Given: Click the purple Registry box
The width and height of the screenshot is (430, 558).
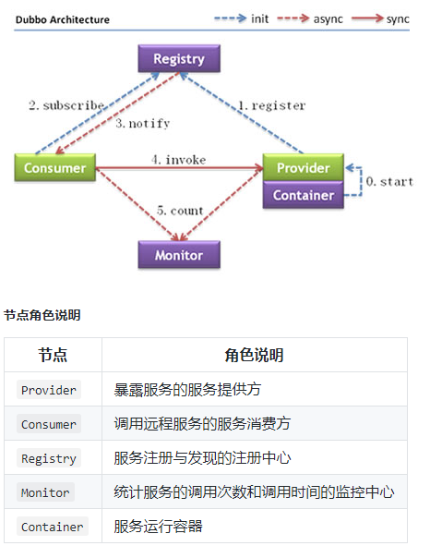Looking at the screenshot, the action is [x=179, y=58].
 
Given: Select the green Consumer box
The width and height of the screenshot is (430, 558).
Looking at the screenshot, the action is [x=55, y=167].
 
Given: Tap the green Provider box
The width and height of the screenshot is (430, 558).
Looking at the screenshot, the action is [x=304, y=167].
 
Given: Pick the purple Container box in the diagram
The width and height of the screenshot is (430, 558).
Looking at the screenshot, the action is [x=304, y=195].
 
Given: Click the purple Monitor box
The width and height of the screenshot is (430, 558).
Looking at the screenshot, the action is [x=179, y=254].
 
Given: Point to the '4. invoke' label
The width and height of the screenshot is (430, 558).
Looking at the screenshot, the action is [x=178, y=160].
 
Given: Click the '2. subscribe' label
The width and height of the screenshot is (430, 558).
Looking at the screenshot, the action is [x=66, y=105].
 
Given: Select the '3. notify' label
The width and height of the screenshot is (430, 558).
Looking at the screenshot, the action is [x=142, y=124].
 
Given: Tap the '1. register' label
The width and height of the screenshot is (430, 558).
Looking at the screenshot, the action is [x=272, y=105].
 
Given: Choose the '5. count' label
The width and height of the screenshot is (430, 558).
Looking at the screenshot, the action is [x=180, y=211].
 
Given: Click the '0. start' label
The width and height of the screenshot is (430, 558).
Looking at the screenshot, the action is [x=389, y=181].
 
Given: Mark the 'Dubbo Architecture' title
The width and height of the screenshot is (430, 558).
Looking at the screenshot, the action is [x=63, y=19].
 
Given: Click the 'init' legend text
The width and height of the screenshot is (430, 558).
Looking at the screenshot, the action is [x=260, y=18].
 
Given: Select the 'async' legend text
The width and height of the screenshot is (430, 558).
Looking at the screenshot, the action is [x=328, y=19].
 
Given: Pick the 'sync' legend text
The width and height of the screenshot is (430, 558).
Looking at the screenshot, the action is [x=398, y=19].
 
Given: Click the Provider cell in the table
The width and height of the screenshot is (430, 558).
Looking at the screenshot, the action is [x=49, y=390].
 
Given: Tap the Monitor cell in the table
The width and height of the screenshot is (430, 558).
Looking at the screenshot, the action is [x=45, y=492].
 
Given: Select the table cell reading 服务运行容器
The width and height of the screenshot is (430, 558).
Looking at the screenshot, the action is [x=158, y=526].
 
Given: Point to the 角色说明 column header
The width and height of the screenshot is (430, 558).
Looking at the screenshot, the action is [x=254, y=355].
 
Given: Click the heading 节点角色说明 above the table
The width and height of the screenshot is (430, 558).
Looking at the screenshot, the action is [x=42, y=315].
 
